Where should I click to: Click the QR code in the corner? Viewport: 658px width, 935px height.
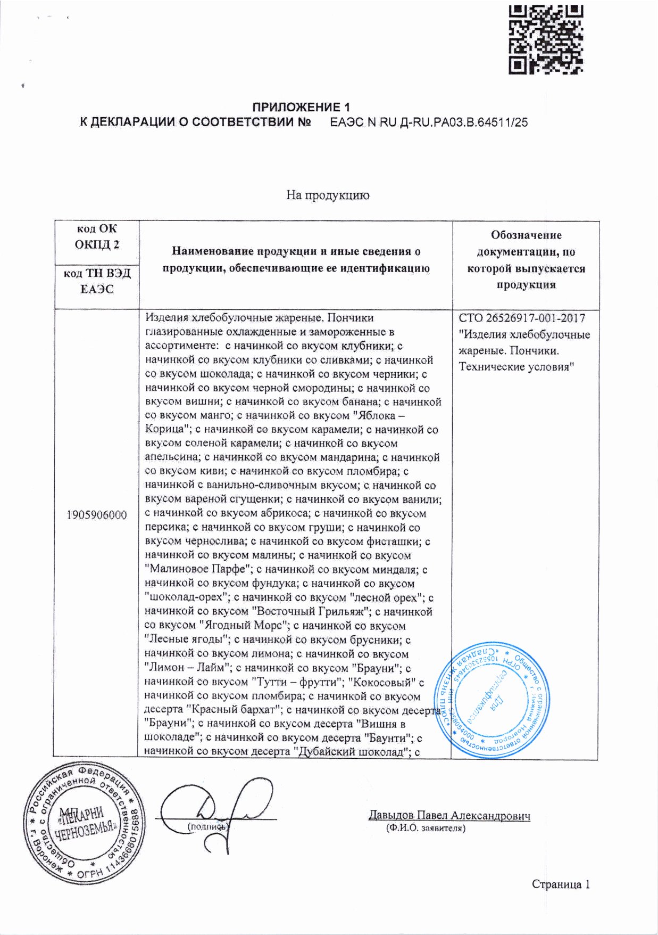(546, 38)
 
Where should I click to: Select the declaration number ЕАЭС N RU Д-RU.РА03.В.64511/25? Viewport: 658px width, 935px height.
(429, 122)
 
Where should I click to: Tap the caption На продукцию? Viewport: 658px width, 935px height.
(328, 195)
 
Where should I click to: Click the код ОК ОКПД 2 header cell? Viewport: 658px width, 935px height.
(97, 236)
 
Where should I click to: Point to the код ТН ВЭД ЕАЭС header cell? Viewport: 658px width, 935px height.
(97, 281)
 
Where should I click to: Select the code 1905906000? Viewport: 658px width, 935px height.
(97, 515)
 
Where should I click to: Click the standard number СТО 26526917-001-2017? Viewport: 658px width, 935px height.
(522, 318)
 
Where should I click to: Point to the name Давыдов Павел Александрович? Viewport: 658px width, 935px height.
(449, 816)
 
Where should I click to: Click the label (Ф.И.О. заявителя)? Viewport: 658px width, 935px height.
(426, 829)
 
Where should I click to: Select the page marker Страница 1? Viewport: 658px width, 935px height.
(561, 884)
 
